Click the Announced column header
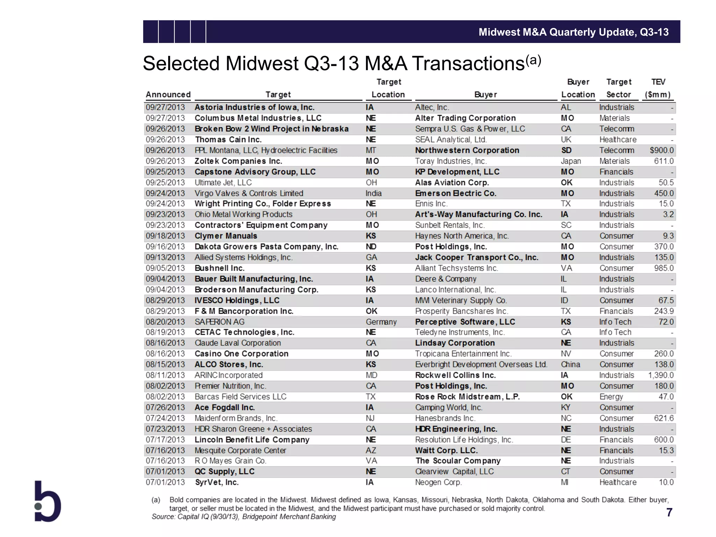click(x=168, y=94)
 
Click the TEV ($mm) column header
click(x=658, y=88)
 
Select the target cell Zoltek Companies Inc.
click(x=238, y=161)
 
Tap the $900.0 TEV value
click(x=661, y=150)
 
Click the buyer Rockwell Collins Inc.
click(x=455, y=375)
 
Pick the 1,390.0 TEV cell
click(x=661, y=375)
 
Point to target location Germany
click(x=381, y=322)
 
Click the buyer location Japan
click(x=571, y=161)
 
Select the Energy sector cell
click(x=611, y=397)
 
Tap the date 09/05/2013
click(x=165, y=268)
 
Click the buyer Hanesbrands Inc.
click(x=445, y=418)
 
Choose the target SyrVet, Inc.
click(x=216, y=482)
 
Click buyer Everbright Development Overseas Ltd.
click(x=481, y=364)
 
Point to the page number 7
click(x=669, y=513)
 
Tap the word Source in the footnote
click(x=163, y=517)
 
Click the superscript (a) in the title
click(x=534, y=60)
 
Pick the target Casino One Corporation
click(x=241, y=354)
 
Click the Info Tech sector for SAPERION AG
click(x=615, y=322)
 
